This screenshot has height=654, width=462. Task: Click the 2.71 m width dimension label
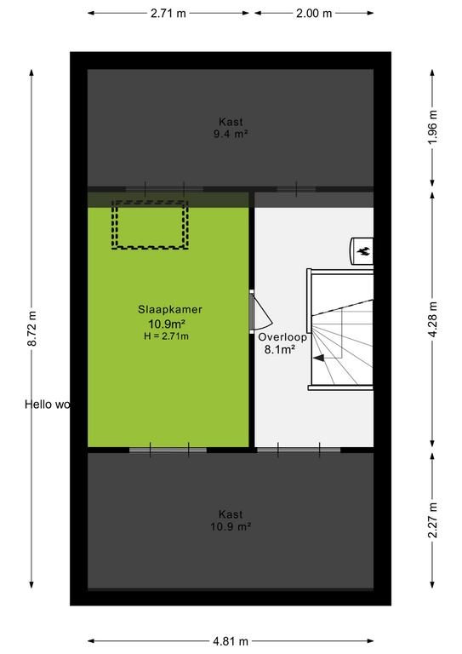tap(168, 14)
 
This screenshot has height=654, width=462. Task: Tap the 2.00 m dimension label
tap(314, 14)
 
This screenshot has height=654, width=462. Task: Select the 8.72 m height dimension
tap(32, 328)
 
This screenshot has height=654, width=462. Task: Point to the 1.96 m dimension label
tap(432, 127)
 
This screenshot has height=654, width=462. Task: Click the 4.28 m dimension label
tap(432, 319)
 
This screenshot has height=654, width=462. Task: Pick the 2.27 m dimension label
tap(432, 519)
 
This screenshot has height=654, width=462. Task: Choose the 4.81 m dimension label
tap(231, 641)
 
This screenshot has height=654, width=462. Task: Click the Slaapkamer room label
tap(170, 309)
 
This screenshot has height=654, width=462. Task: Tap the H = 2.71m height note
tap(166, 336)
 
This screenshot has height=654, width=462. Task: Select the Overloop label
tap(282, 337)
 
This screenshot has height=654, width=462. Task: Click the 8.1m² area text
tap(280, 349)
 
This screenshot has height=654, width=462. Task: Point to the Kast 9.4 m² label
tap(231, 128)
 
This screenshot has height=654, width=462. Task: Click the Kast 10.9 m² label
tap(231, 520)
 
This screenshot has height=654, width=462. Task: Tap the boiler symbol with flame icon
tap(362, 250)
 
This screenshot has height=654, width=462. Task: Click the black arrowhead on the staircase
tap(319, 358)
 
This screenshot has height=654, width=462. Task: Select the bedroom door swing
tap(261, 311)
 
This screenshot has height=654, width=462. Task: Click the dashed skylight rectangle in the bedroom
tap(150, 225)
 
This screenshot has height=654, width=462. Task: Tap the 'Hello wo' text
tap(47, 404)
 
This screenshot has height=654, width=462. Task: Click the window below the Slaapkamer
tap(168, 450)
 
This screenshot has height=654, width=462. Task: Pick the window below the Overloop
tap(299, 450)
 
